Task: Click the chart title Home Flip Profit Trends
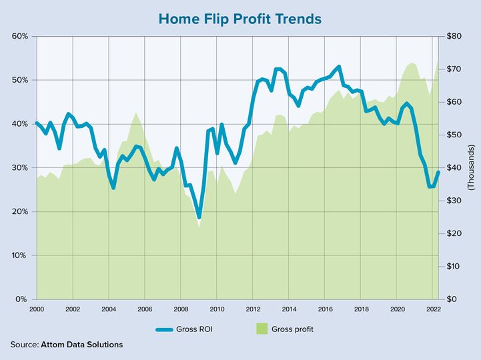[240, 18]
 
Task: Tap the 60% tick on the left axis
[20, 36]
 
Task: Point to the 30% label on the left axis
[20, 167]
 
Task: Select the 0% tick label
[22, 299]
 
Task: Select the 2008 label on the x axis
[181, 310]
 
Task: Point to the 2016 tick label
[325, 310]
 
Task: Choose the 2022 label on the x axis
[433, 310]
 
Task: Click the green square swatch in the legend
[262, 329]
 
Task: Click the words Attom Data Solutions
[81, 345]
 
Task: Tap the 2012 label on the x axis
[253, 310]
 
